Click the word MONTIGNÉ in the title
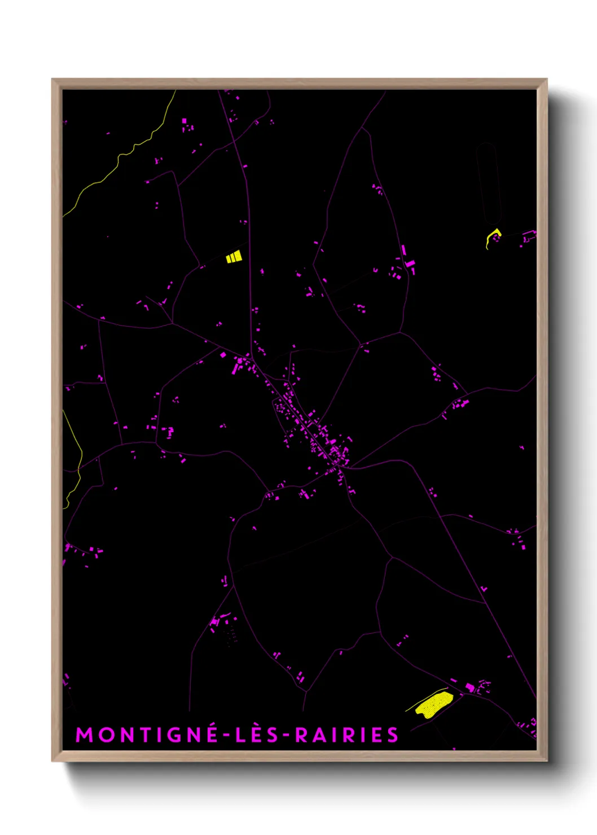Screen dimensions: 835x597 (x=147, y=735)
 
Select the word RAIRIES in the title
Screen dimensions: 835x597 (x=346, y=735)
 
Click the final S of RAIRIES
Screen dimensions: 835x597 (x=393, y=735)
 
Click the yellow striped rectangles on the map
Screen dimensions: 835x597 (x=234, y=257)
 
